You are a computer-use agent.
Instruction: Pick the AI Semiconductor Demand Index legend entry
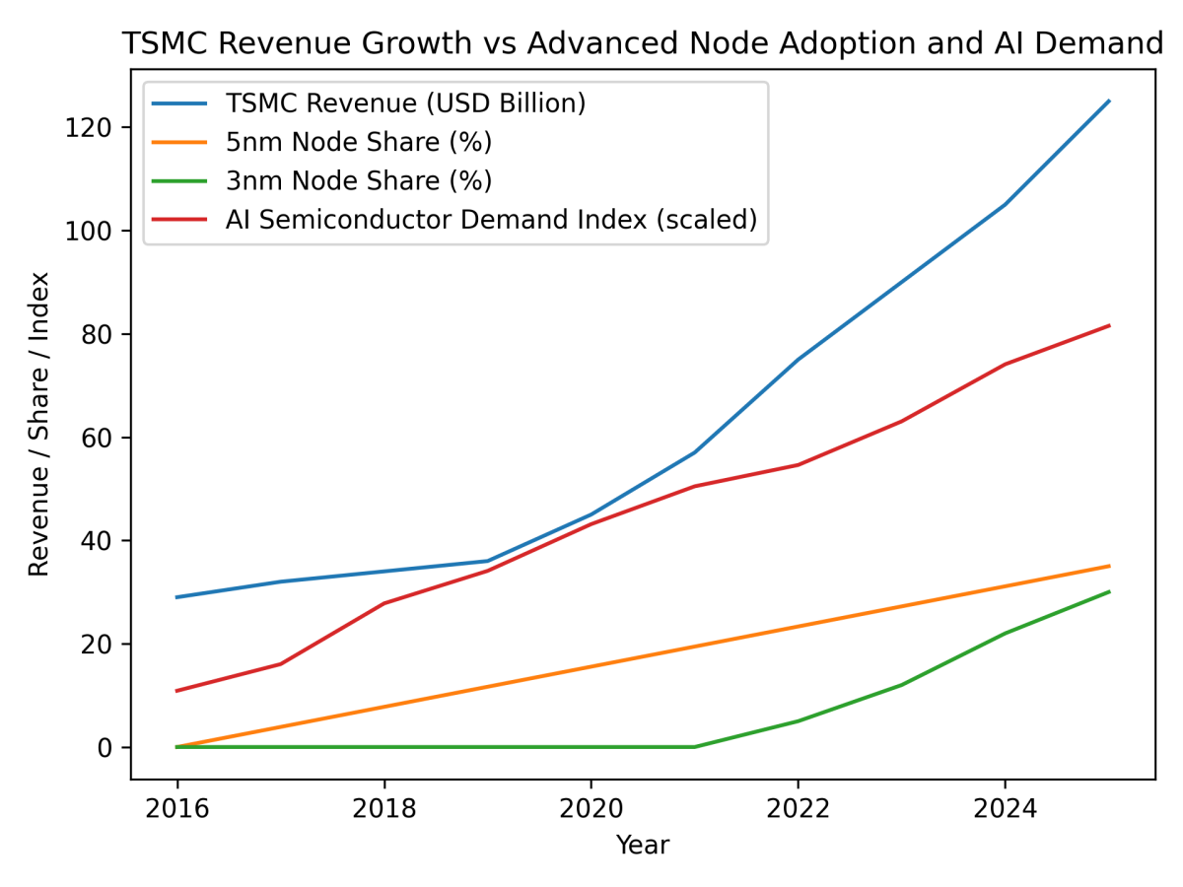click(x=490, y=221)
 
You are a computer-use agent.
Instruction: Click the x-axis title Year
click(x=642, y=845)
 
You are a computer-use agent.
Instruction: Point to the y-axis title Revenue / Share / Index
click(x=38, y=424)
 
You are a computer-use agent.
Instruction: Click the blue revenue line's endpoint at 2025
click(x=1109, y=101)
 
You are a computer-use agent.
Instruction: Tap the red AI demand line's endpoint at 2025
click(x=1109, y=325)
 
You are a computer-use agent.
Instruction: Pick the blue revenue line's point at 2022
click(x=799, y=360)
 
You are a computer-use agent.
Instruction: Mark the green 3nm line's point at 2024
click(x=1005, y=633)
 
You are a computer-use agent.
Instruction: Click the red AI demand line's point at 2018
click(x=383, y=603)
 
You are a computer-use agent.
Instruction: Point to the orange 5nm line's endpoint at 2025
click(x=1109, y=566)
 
